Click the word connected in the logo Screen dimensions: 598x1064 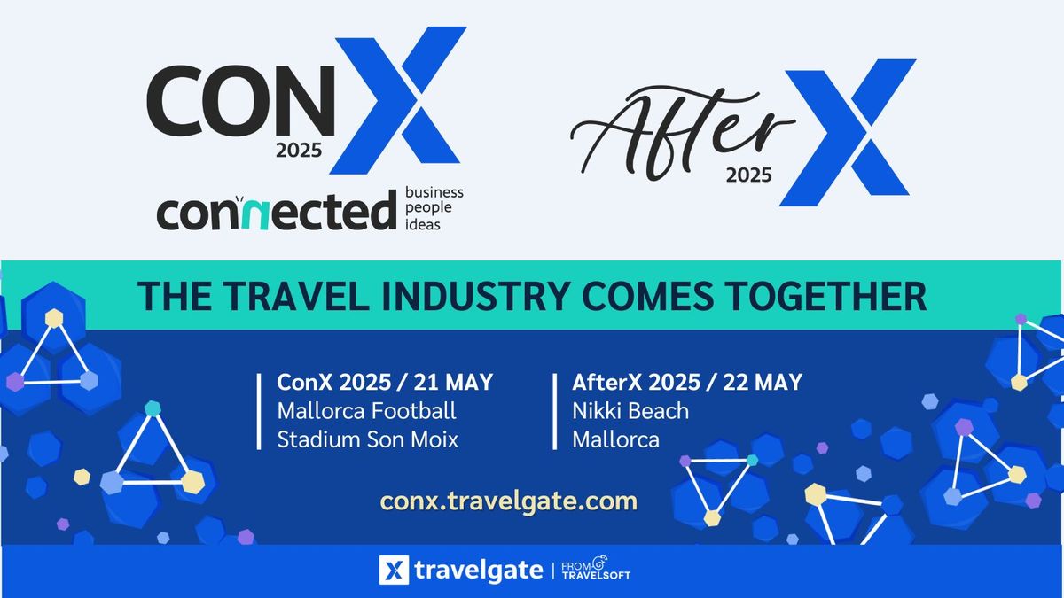[x=275, y=212]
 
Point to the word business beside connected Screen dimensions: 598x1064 [x=434, y=191]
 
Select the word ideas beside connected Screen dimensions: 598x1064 [x=422, y=224]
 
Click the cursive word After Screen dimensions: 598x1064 [x=681, y=133]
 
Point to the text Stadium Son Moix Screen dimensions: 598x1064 [x=367, y=439]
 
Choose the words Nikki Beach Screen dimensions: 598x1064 [x=630, y=411]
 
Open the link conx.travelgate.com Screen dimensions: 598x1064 [x=509, y=501]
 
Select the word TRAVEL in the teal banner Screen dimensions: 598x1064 [x=257, y=296]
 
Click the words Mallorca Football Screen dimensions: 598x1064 [x=366, y=411]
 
